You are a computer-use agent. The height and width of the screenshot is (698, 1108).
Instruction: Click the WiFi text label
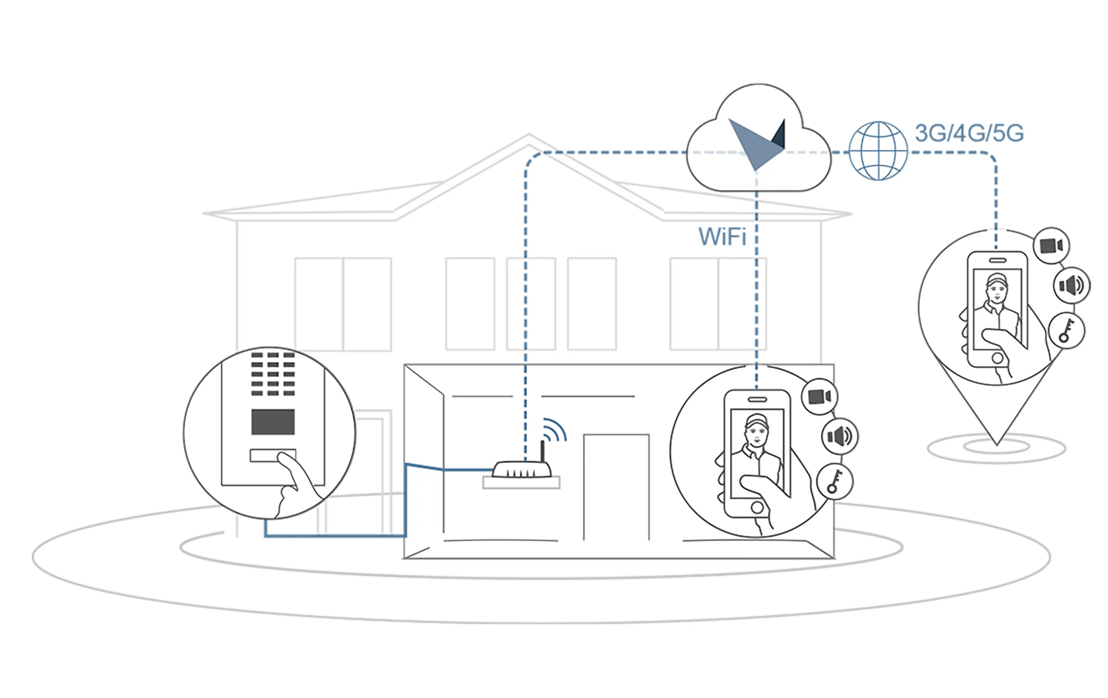point(722,237)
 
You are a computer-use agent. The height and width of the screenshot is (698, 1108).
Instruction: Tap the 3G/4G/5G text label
point(969,133)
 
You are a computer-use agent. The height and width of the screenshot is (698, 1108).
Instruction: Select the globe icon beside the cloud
point(878,151)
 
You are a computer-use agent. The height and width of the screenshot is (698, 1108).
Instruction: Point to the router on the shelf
point(522,470)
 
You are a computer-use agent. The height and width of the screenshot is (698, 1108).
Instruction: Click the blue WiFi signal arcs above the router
point(554,430)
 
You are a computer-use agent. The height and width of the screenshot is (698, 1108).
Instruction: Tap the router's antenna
point(543,451)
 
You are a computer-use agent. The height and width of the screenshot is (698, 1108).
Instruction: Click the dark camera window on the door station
point(273,422)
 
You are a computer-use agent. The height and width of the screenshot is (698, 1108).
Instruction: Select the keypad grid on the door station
point(273,374)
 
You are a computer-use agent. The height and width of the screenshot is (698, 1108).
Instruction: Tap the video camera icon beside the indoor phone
point(820,397)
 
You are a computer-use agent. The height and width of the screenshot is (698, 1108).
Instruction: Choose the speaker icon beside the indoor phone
point(840,436)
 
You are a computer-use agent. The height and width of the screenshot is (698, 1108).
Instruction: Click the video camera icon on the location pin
point(1051,245)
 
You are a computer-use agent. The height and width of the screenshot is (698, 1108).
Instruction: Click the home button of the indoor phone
point(757,508)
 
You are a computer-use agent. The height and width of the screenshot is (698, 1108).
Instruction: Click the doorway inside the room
point(616,486)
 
